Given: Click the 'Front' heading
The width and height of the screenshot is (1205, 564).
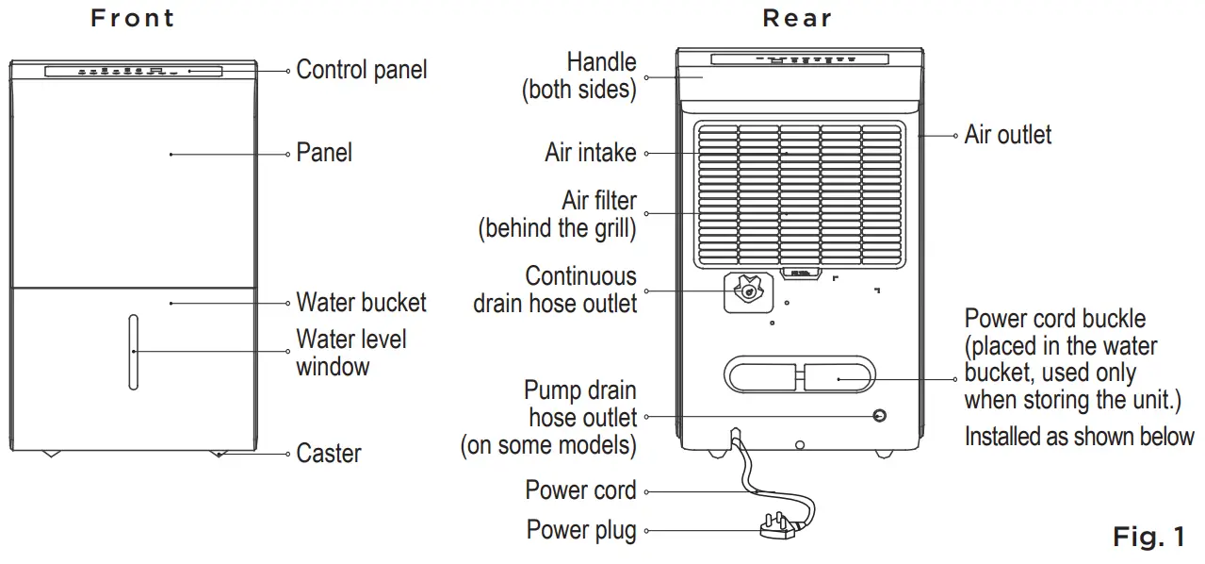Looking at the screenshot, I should [133, 19].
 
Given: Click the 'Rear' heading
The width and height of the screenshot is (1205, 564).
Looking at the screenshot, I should [797, 19].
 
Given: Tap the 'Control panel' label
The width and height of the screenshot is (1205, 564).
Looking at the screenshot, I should [361, 70].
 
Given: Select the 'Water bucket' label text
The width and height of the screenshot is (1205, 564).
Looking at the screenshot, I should [361, 303].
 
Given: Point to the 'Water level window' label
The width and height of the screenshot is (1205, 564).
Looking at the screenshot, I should [350, 352].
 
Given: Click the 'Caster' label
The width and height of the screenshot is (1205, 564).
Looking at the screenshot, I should [328, 454].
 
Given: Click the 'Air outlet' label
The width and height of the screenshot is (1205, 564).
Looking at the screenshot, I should [1007, 135].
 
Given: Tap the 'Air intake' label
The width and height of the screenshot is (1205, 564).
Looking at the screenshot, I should [590, 153].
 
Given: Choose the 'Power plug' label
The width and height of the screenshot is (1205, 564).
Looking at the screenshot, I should [580, 531].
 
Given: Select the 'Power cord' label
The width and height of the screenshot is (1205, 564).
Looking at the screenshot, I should [580, 491].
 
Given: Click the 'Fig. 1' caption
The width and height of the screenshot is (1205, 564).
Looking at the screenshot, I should [1148, 538].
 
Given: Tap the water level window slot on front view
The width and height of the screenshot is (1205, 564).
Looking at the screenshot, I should [134, 352].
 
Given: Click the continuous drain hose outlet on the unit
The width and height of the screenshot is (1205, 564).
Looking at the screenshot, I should [747, 292].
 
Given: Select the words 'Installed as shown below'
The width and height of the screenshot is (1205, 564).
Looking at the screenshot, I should [1079, 437].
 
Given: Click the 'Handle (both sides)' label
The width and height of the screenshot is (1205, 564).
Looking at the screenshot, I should [578, 76].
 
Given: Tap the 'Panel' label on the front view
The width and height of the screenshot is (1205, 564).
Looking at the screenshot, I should [324, 153].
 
